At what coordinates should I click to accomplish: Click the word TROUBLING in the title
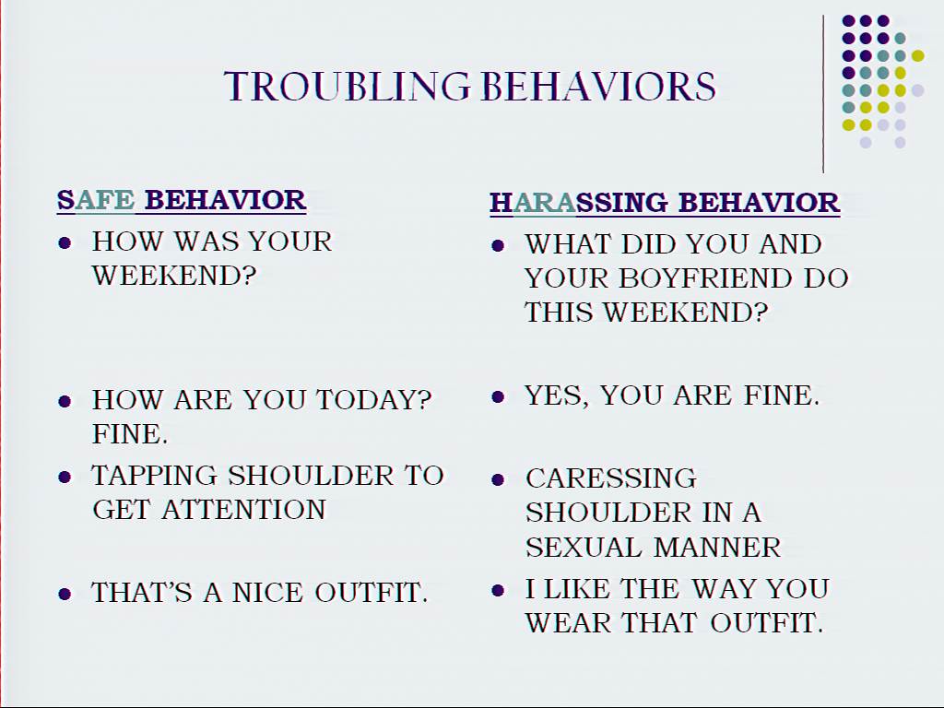[x=348, y=86]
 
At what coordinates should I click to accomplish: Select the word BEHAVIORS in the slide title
[x=599, y=86]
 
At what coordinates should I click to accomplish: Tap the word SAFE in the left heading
[x=96, y=200]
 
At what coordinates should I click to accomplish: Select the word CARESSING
[x=611, y=478]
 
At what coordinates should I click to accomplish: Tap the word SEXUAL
[x=584, y=548]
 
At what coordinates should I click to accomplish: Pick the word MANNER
[x=717, y=548]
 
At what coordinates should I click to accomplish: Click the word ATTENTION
[x=243, y=509]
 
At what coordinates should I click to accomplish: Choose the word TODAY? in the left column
[x=374, y=400]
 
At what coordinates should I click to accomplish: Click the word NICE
[x=267, y=593]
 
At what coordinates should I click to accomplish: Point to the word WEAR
[x=568, y=622]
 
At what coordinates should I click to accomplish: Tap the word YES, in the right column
[x=557, y=395]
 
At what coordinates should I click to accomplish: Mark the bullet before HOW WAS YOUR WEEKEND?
[x=65, y=242]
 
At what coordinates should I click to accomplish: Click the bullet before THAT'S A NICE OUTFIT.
[x=65, y=594]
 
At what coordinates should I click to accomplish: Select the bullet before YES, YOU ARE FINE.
[x=497, y=396]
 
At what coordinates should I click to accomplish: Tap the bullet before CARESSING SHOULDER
[x=497, y=479]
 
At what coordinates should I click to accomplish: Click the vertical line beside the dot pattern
[x=823, y=94]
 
